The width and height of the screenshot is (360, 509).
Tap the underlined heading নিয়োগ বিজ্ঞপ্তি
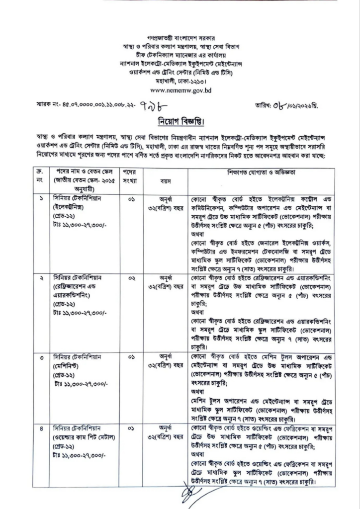[180, 122]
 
